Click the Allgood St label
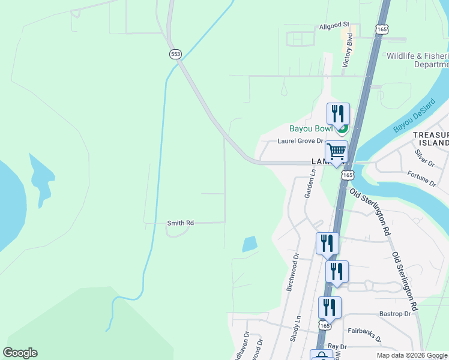334,25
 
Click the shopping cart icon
336,151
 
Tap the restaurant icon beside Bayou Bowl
338,113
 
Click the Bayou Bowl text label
310,128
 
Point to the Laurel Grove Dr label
300,142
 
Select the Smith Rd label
180,223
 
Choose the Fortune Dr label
421,178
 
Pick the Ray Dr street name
337,347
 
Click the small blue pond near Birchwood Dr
250,244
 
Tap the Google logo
20,353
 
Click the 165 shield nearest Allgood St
382,29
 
